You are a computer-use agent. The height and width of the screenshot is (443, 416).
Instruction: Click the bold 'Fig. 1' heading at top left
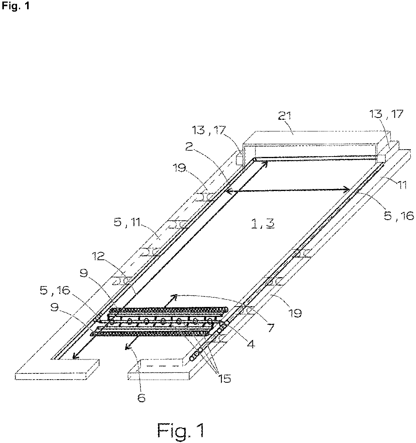click(x=15, y=6)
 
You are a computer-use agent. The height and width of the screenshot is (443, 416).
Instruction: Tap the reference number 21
click(x=284, y=116)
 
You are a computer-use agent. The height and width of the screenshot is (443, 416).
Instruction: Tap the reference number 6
click(x=141, y=398)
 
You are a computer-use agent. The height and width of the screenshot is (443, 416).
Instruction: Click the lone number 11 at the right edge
click(x=402, y=185)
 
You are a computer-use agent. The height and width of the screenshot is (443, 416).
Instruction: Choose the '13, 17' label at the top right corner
click(x=386, y=114)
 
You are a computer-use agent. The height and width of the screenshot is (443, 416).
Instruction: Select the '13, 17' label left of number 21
click(x=209, y=130)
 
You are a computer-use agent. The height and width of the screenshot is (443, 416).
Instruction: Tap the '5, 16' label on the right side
click(x=399, y=216)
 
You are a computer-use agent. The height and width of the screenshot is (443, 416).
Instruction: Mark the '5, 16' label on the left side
click(x=55, y=290)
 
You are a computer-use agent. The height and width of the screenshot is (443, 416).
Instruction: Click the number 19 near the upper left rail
click(x=180, y=168)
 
